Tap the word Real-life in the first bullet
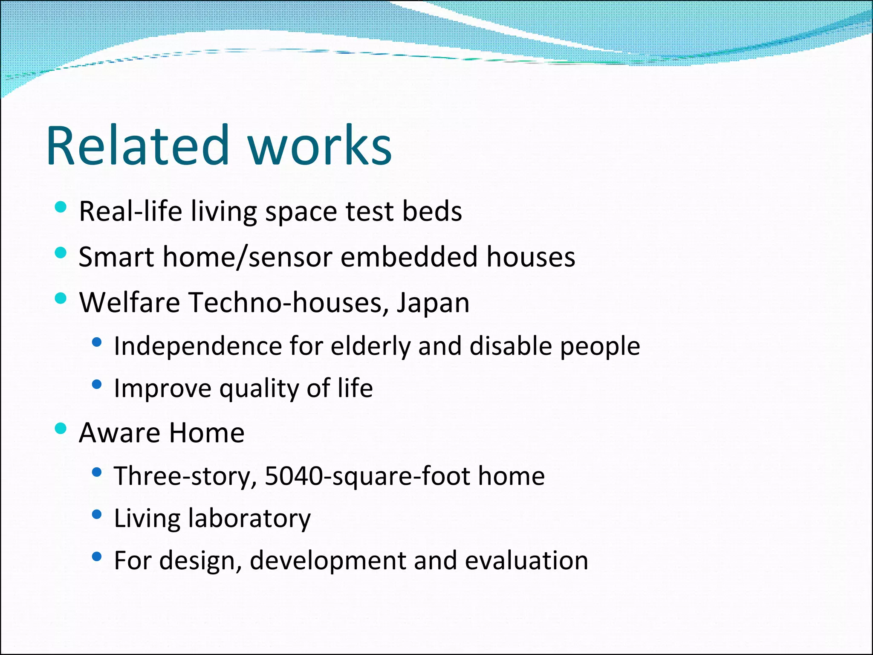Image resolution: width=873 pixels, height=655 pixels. click(130, 211)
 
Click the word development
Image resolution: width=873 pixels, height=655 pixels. click(327, 561)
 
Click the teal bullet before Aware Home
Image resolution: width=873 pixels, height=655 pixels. click(61, 428)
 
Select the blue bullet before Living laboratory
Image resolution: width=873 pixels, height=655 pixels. click(97, 515)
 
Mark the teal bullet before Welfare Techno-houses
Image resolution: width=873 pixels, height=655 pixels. click(61, 298)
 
